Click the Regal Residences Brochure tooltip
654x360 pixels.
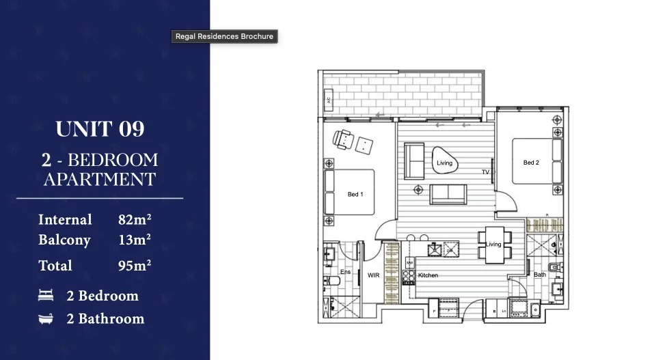click(x=224, y=36)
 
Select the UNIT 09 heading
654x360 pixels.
click(x=100, y=129)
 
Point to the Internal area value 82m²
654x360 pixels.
click(x=135, y=220)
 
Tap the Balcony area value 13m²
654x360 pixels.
click(x=135, y=240)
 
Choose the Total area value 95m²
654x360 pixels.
click(x=135, y=265)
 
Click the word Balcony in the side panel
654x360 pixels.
click(x=64, y=240)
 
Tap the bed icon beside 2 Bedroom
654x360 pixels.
click(x=46, y=296)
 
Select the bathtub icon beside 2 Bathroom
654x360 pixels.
click(x=46, y=318)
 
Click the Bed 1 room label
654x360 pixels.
click(x=355, y=195)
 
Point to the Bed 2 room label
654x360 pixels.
click(x=531, y=163)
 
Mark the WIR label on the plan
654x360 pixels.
click(x=374, y=275)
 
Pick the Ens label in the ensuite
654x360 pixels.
click(x=345, y=271)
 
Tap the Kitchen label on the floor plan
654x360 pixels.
click(x=428, y=275)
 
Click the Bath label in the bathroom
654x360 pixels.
click(x=539, y=275)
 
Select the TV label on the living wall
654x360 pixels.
click(x=486, y=172)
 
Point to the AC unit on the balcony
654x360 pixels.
click(x=328, y=100)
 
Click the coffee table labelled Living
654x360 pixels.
click(x=444, y=161)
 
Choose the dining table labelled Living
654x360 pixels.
click(x=493, y=244)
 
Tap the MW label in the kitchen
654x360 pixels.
click(x=410, y=262)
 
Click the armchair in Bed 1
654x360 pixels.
click(x=342, y=139)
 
